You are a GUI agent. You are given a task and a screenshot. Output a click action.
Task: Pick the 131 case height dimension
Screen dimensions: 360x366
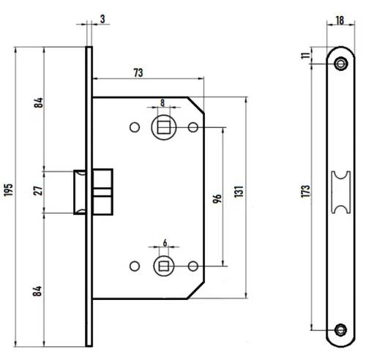point(239,192)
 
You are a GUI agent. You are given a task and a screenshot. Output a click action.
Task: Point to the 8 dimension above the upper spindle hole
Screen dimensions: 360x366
point(163,104)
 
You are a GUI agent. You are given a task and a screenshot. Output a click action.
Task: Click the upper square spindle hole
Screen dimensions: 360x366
point(162,128)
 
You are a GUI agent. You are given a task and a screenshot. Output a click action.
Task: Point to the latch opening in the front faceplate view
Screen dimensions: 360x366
point(339,192)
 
